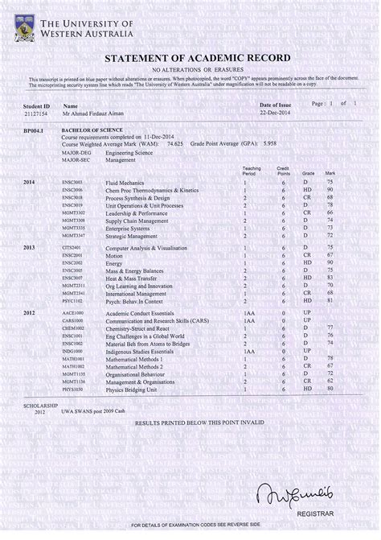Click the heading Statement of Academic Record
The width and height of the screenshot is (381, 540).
190,60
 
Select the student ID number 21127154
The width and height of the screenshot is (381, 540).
36,114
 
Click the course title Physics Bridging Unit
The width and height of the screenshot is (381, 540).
134,388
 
